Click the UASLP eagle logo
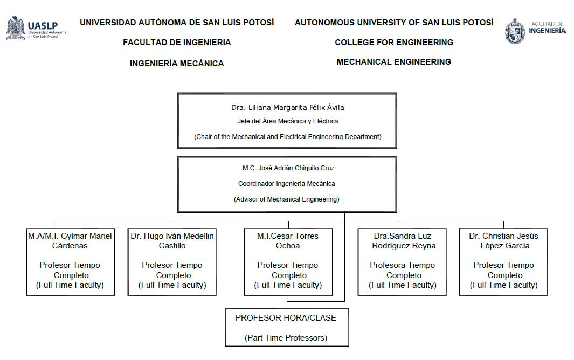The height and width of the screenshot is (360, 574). (x=16, y=28)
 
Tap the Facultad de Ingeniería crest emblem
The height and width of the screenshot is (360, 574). (x=515, y=31)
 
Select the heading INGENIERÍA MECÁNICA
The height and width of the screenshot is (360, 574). (x=177, y=64)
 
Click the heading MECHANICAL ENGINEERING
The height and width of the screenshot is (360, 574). (x=394, y=62)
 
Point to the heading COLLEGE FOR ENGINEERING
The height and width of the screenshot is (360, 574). (x=394, y=43)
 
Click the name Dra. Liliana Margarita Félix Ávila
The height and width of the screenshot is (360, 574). (x=287, y=107)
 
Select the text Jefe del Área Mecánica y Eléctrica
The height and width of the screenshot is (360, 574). (x=288, y=121)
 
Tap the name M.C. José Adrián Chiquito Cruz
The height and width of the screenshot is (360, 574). (x=288, y=168)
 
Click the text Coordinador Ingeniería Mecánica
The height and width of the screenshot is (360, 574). (x=287, y=183)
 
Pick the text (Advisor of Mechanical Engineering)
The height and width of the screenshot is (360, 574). (x=287, y=199)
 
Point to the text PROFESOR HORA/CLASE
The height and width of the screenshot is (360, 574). (x=286, y=318)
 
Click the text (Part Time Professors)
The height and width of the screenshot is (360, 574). (x=286, y=338)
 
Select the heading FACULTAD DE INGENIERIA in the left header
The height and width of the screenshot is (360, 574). (x=177, y=43)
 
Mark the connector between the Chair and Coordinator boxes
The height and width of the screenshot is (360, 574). (x=287, y=153)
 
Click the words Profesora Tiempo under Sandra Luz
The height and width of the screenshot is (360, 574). (x=402, y=265)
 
